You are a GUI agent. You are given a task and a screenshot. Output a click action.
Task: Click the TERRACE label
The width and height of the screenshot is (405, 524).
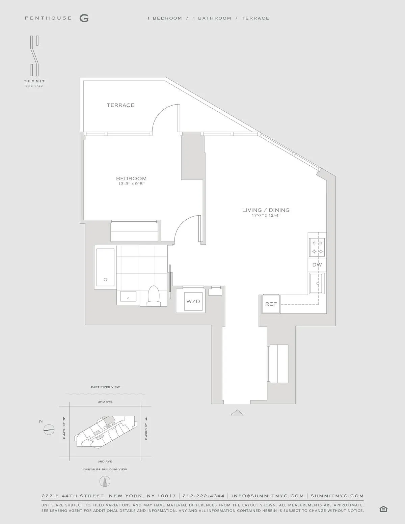[120, 105]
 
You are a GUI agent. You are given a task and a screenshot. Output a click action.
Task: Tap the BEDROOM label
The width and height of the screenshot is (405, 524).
[131, 178]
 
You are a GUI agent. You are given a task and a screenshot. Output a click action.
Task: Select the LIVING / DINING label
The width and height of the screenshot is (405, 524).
[266, 210]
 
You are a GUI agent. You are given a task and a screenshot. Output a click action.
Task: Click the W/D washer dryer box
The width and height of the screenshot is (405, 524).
[193, 301]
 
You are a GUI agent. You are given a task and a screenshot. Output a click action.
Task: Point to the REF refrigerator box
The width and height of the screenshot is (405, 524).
[271, 304]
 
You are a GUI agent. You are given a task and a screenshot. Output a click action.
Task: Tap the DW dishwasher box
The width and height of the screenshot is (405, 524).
[317, 265]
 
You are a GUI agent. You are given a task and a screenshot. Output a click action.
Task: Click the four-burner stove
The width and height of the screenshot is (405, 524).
[317, 247]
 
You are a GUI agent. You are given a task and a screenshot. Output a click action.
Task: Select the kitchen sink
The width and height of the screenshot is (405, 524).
[317, 284]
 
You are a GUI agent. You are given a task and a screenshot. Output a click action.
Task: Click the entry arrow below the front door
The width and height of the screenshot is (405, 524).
[237, 412]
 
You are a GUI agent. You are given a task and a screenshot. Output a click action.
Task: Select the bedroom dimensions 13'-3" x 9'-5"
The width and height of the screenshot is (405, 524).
[131, 184]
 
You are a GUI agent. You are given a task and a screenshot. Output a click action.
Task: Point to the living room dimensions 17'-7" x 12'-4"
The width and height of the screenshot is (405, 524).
[266, 215]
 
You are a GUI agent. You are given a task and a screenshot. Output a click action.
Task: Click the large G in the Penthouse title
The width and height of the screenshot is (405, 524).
[84, 18]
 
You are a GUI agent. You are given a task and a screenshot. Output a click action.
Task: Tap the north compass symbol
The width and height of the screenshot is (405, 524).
[49, 429]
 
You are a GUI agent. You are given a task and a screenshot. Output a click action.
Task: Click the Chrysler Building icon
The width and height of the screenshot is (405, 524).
[105, 481]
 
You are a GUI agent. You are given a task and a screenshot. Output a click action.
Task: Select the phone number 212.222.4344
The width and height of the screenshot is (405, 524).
[204, 496]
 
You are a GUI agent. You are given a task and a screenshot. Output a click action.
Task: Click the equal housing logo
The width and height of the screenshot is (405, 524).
[383, 509]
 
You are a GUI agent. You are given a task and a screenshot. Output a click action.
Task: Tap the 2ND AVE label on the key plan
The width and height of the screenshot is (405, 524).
[105, 402]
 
